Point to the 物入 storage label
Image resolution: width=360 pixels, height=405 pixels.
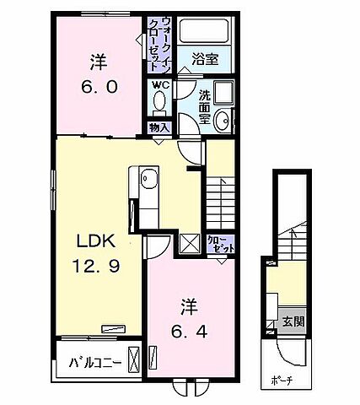pos(159,127)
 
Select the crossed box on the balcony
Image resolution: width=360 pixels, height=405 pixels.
pos(134,354)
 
